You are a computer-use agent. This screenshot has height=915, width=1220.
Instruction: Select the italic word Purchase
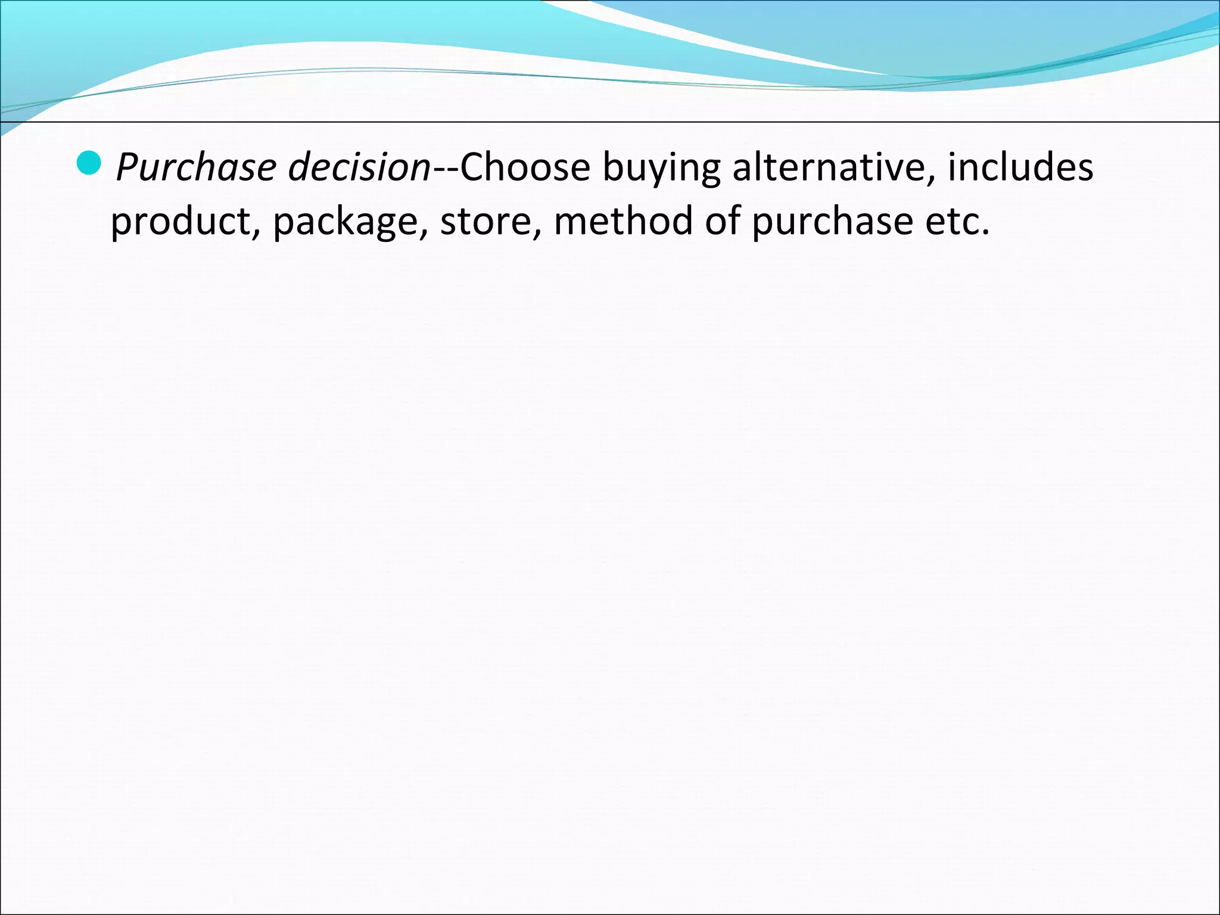pyautogui.click(x=196, y=167)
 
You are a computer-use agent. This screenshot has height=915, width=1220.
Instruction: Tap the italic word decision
pyautogui.click(x=359, y=167)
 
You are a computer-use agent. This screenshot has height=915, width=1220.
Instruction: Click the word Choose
pyautogui.click(x=525, y=167)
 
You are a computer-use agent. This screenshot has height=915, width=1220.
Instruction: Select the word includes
pyautogui.click(x=1020, y=167)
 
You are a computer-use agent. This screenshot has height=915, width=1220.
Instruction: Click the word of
pyautogui.click(x=723, y=221)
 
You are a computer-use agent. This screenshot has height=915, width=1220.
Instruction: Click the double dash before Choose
pyautogui.click(x=444, y=170)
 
